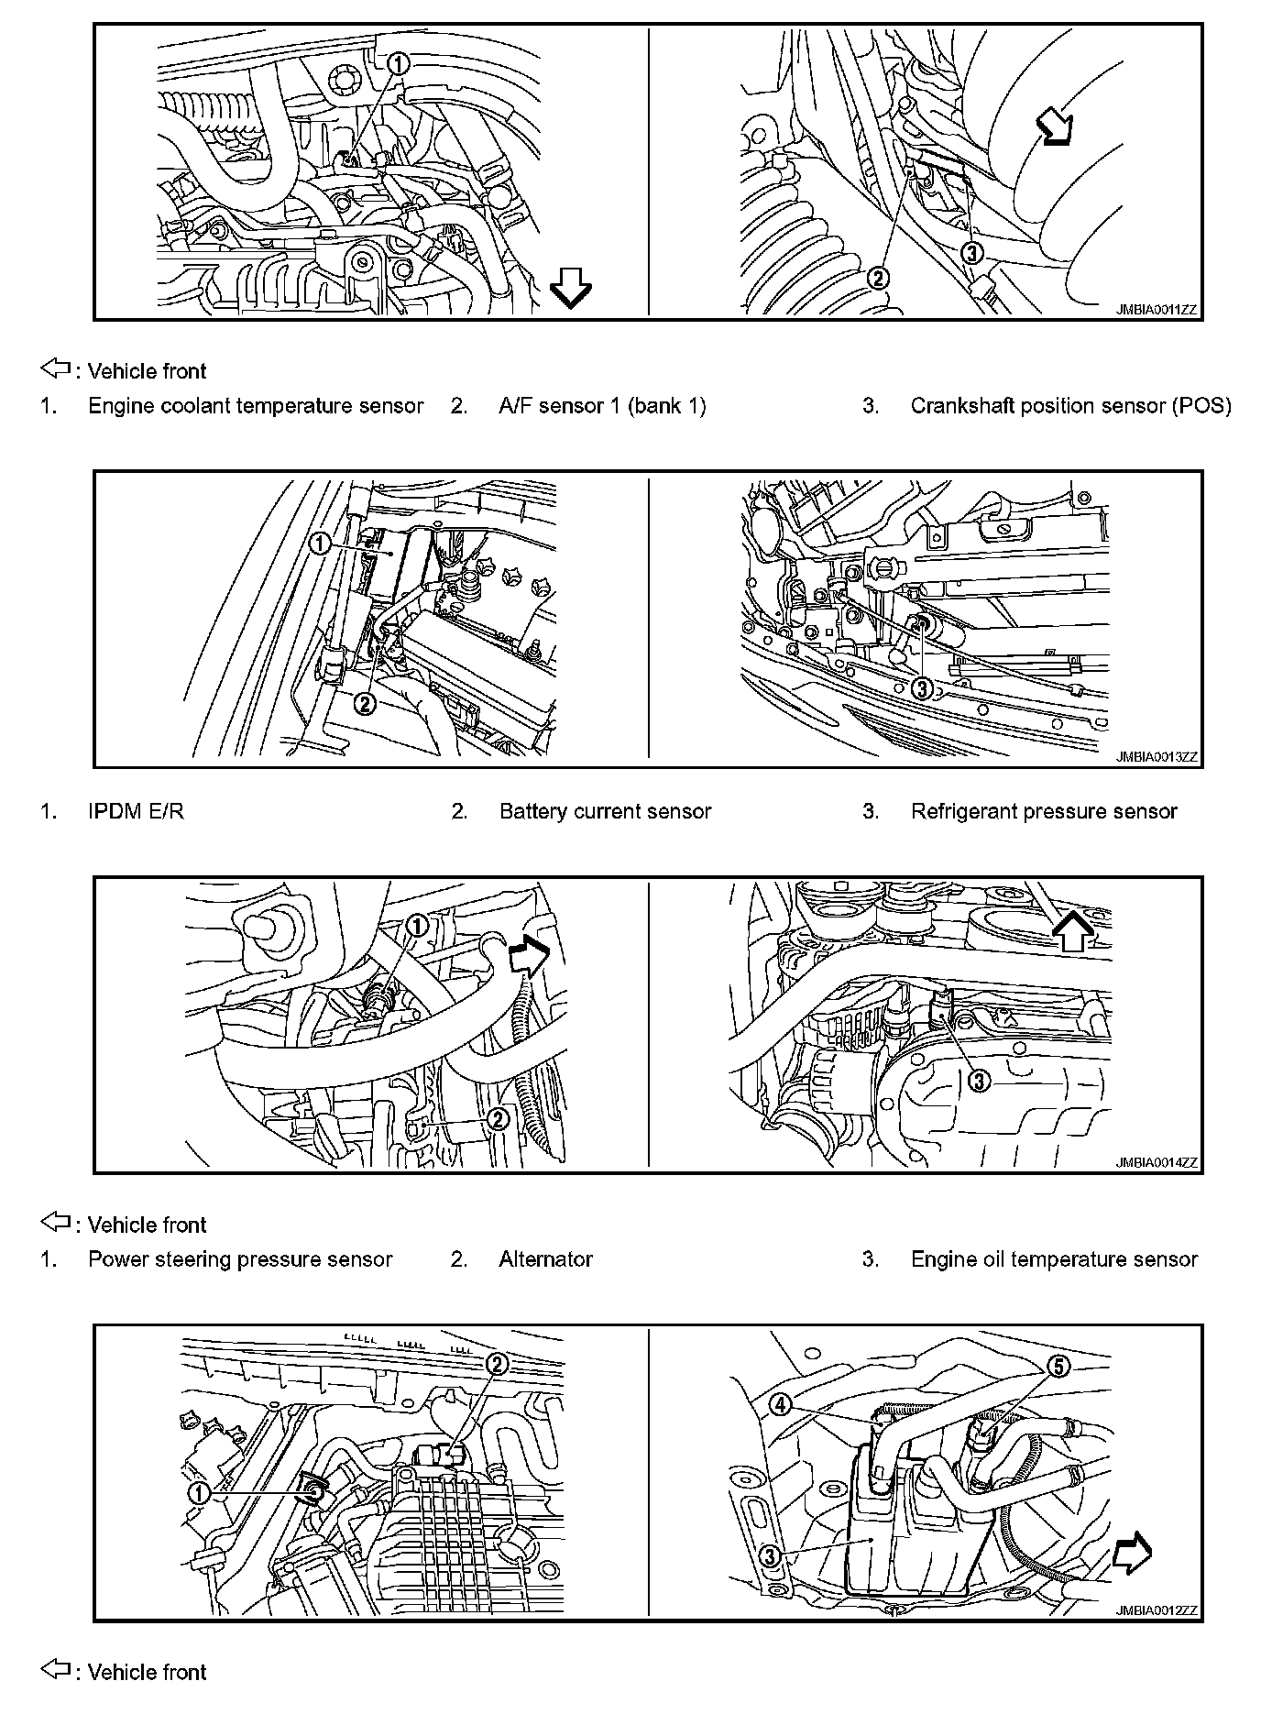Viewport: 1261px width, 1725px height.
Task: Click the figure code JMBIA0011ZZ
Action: tap(1157, 310)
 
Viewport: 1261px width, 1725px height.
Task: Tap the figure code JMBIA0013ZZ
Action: tap(1157, 757)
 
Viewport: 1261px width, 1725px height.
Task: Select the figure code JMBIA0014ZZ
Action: tap(1157, 1163)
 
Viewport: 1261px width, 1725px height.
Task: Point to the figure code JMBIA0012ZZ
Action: tap(1157, 1610)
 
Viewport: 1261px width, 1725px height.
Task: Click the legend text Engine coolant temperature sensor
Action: tap(256, 406)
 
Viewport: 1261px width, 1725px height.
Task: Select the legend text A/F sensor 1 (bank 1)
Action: tap(602, 406)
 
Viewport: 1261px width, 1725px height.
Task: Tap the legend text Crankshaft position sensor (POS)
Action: tap(1070, 406)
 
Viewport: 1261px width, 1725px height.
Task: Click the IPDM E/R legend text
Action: tap(136, 811)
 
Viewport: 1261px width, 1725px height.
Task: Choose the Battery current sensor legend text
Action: tap(605, 811)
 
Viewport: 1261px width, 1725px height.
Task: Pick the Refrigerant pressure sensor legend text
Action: tap(1044, 811)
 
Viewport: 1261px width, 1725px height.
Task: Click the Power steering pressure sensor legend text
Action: tap(240, 1259)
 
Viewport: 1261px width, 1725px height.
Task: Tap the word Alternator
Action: tap(545, 1259)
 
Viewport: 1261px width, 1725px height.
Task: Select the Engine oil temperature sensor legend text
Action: tap(1054, 1259)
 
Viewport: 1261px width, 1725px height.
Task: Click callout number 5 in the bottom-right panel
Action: tap(1058, 1367)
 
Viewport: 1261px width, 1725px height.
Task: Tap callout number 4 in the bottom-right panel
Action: tap(780, 1403)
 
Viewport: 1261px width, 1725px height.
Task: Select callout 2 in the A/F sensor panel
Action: tap(878, 278)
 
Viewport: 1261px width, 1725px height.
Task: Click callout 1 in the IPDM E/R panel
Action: tap(319, 544)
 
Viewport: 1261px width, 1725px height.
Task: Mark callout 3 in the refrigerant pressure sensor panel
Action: tap(922, 688)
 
